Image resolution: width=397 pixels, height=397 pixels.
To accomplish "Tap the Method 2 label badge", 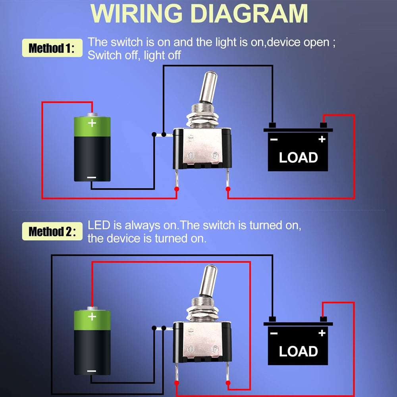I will click(52, 231).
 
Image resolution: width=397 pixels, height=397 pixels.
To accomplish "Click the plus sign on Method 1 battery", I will click(92, 123).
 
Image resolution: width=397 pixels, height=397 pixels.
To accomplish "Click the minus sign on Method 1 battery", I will click(92, 177).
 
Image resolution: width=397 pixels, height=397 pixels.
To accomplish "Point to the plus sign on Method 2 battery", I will click(92, 316).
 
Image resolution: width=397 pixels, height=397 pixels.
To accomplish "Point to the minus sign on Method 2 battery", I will click(92, 371).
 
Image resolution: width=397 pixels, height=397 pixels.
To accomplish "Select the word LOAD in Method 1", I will click(298, 158).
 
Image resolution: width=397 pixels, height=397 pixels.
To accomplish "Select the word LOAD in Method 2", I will click(298, 351).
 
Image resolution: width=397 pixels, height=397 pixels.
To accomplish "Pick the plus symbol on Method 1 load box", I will click(322, 139).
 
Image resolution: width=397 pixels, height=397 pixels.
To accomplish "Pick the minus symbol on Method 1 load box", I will click(274, 139).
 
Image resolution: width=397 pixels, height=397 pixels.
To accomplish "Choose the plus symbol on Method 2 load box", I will click(322, 333).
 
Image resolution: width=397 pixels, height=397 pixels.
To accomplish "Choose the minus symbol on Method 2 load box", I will click(274, 333).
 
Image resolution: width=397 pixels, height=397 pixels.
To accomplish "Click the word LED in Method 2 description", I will click(99, 226).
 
